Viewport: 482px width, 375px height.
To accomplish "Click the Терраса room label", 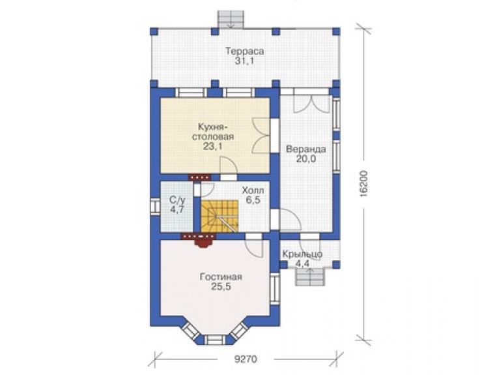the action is [x=245, y=51].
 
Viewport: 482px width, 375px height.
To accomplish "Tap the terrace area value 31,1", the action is [x=245, y=61].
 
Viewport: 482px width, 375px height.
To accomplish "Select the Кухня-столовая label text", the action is [x=213, y=132].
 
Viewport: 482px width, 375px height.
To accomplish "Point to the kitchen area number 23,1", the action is [x=212, y=146].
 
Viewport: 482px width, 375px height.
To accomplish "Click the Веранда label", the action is [x=306, y=149].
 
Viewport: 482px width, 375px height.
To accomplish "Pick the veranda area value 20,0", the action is [x=306, y=159].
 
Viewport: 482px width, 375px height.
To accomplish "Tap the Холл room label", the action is [x=253, y=190].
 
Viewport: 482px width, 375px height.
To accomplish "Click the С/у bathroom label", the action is [x=177, y=200].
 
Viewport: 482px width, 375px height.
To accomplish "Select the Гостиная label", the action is [x=221, y=277].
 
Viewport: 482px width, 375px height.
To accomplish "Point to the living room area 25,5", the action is [x=221, y=287].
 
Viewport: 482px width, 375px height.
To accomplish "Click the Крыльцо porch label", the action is [x=302, y=254].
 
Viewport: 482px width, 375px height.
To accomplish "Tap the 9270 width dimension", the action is [x=246, y=359].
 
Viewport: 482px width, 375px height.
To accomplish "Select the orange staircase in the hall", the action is [x=220, y=216].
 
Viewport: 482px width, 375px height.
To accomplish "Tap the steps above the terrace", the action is [x=231, y=20].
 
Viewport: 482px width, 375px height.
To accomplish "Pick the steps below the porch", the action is [x=310, y=277].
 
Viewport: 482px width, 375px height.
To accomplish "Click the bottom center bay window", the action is [x=215, y=340].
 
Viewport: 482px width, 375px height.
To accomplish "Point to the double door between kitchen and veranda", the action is [x=261, y=136].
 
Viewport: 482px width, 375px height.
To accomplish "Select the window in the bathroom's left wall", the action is [x=155, y=207].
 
